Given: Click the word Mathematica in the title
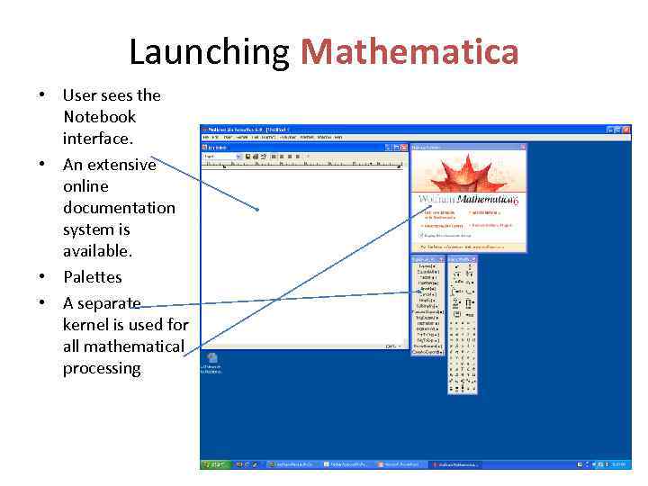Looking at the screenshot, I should point(409,51).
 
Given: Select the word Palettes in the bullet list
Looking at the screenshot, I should point(92,277).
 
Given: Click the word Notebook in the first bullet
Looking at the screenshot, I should point(99,117).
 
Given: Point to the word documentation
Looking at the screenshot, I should point(119,208).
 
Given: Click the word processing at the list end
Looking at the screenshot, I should point(102,368).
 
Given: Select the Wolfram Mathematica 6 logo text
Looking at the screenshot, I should point(467,199).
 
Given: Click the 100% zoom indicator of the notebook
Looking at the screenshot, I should point(391,346).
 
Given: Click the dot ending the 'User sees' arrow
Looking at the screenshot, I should point(257,210).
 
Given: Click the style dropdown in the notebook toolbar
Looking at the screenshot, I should point(222,157).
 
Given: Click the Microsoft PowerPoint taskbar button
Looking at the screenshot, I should point(398,465).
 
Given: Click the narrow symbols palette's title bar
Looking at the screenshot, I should point(462,259).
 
